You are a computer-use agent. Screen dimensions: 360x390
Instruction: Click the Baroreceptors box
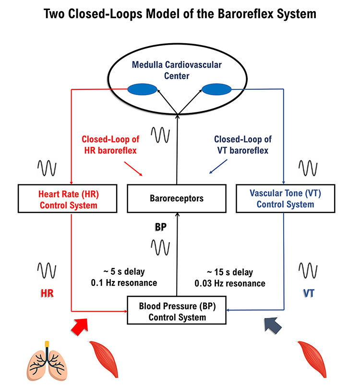pos(177,198)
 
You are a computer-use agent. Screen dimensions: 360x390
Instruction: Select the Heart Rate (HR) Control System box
pos(67,198)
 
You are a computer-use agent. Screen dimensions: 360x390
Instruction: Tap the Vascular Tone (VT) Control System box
pos(286,198)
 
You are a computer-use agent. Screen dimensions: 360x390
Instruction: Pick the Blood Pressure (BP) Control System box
pos(177,310)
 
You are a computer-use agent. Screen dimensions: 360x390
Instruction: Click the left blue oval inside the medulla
pos(142,89)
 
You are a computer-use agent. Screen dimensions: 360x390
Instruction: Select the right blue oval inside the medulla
pos(216,89)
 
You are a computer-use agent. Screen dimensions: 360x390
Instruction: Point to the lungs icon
pos(47,361)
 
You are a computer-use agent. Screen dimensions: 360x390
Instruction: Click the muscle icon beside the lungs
pos(104,359)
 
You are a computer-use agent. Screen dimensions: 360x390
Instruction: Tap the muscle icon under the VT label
pos(312,359)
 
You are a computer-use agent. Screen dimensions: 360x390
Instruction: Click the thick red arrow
pos(80,327)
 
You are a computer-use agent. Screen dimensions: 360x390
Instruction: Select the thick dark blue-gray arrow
pos(273,325)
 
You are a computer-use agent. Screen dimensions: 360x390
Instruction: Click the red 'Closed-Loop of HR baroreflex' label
pos(110,145)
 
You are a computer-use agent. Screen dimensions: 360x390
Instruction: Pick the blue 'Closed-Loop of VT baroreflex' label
pos(243,145)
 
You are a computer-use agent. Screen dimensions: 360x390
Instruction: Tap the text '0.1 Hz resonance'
pos(124,283)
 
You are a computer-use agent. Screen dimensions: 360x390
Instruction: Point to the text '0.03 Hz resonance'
pos(230,283)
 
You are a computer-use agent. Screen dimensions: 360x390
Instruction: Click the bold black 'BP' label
pos(161,227)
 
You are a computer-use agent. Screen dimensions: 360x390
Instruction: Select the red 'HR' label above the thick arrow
pos(47,293)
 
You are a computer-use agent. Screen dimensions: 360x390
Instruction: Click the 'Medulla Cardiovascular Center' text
pos(177,70)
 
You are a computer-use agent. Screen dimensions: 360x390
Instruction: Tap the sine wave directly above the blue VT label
pos(308,270)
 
